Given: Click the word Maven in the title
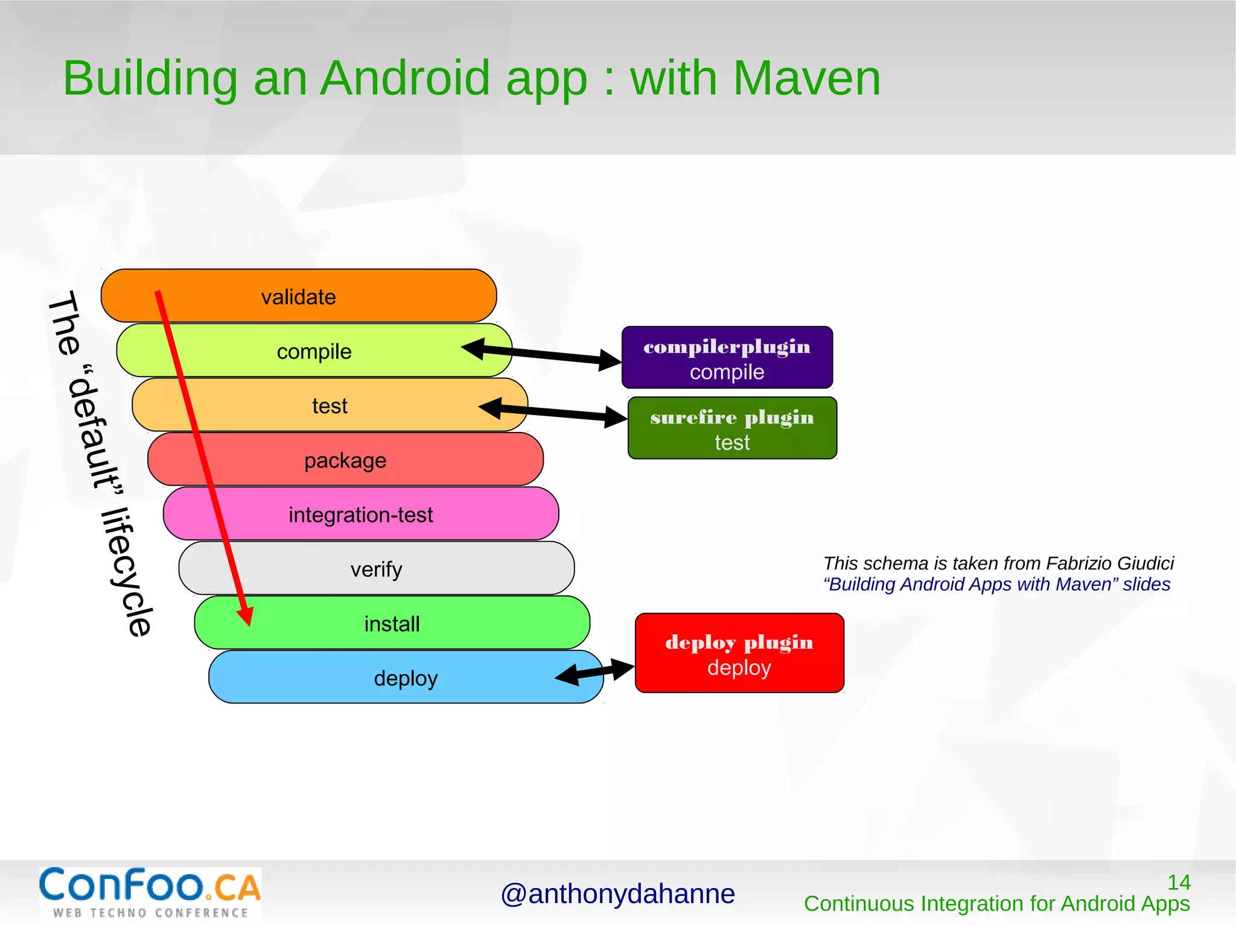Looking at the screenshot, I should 806,78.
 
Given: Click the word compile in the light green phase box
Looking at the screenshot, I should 314,352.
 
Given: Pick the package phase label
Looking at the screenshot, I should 345,461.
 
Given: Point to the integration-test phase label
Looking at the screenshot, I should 361,515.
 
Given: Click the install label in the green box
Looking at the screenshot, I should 392,624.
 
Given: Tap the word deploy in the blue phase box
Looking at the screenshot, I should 406,679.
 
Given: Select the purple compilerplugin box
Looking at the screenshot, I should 727,358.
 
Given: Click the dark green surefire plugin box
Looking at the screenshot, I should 732,428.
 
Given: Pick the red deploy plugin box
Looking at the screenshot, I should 739,653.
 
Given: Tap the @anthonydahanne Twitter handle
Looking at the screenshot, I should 617,894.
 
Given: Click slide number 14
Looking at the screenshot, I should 1178,883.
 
